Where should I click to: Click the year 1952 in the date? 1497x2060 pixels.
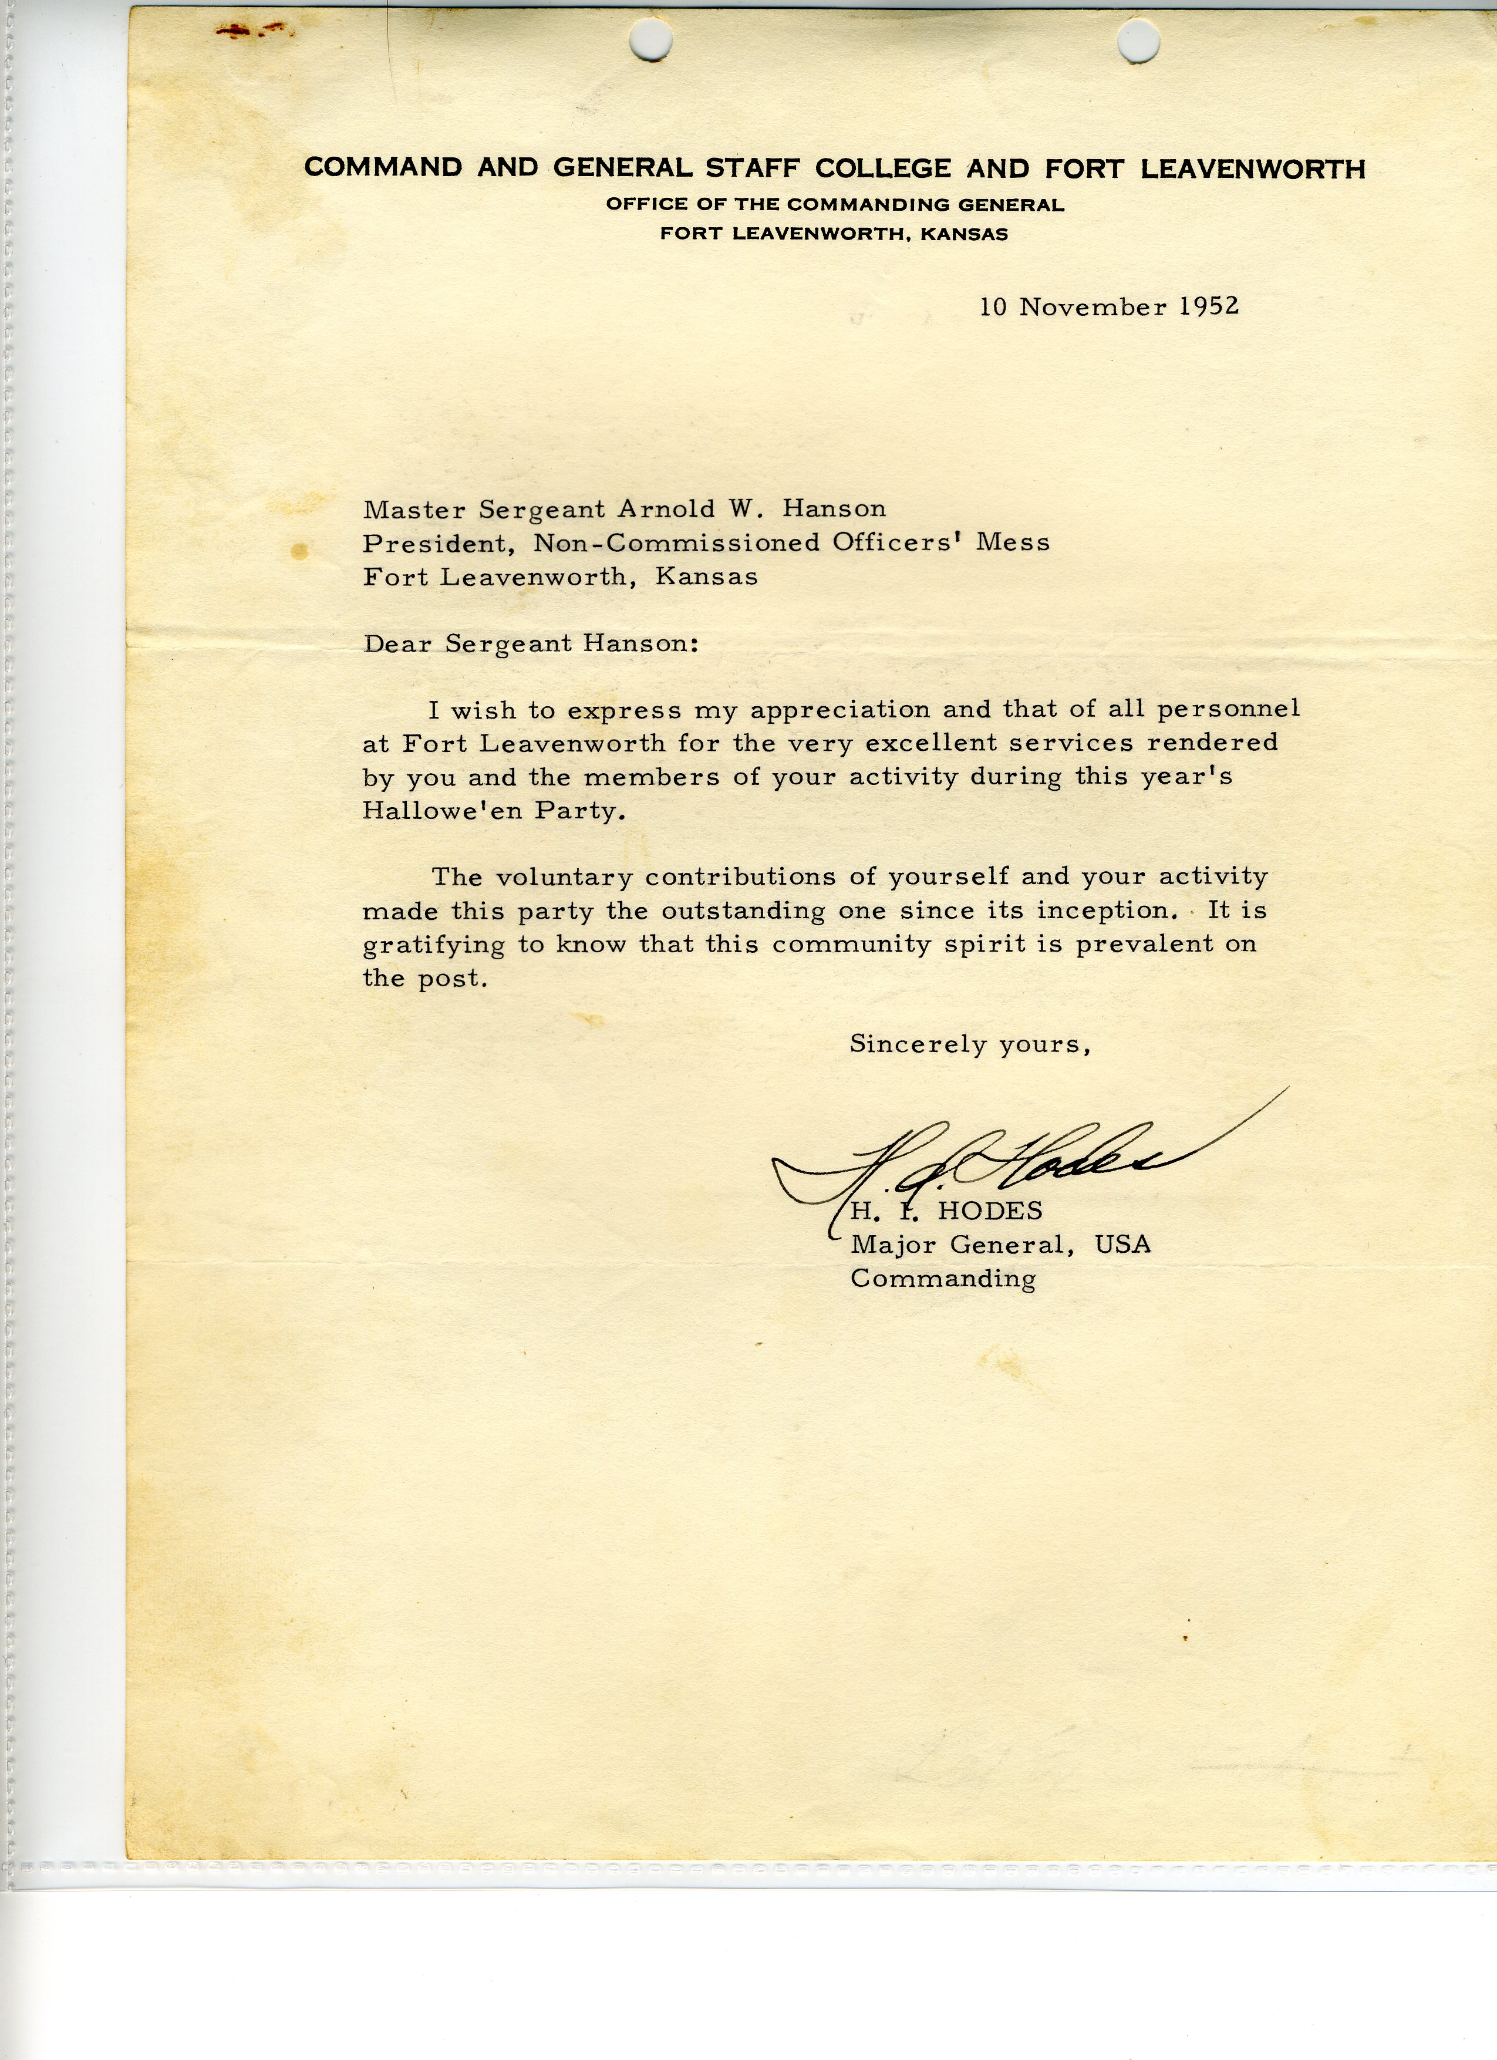1208,306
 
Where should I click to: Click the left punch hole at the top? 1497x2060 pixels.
653,38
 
